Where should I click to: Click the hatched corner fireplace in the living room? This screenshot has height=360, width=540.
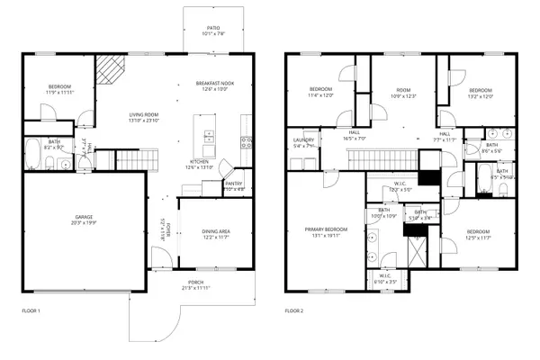110,68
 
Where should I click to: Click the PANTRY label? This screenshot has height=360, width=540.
234,187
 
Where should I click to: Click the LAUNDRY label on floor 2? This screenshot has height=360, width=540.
303,142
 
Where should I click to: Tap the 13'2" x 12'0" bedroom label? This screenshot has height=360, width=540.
480,93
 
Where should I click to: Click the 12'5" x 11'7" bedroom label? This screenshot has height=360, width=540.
478,235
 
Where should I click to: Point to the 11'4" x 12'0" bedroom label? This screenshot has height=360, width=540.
321,93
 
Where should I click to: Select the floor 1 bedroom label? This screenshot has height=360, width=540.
60,89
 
